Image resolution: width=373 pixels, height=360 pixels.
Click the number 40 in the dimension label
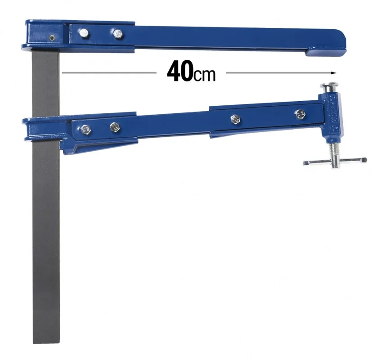click(180, 71)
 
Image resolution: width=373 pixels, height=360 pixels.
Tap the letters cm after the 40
click(205, 75)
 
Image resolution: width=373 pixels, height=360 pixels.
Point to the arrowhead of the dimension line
click(334, 73)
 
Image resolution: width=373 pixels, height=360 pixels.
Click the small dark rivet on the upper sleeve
click(52, 37)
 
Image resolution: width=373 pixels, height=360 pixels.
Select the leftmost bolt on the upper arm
click(84, 33)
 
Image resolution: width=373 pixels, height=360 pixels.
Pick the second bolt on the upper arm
click(118, 34)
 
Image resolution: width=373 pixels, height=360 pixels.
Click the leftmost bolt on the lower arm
click(85, 130)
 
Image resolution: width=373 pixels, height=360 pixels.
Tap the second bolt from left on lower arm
click(115, 127)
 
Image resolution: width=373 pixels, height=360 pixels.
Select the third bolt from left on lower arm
click(235, 119)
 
